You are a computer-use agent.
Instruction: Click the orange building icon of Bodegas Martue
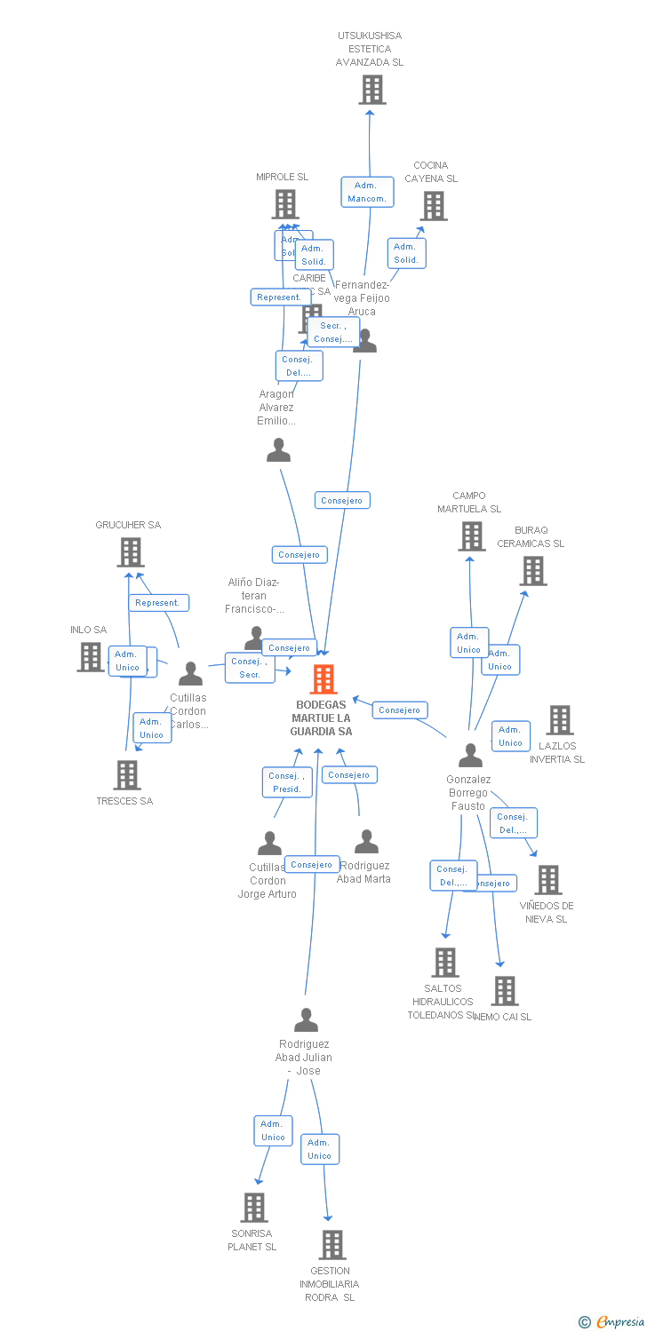coord(323,679)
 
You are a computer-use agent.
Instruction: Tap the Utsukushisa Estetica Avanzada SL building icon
coord(371,90)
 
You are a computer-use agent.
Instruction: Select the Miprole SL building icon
coord(284,204)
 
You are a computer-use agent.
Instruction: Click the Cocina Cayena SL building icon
coord(434,206)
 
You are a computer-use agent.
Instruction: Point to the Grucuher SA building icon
coord(131,552)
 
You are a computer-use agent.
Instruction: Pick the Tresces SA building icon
coord(127,775)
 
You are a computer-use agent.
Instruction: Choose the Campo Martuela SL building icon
coord(471,536)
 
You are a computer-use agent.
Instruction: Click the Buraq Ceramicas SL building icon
coord(532,571)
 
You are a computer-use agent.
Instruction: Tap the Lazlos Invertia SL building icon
coord(559,720)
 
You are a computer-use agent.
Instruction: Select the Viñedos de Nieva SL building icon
coord(548,880)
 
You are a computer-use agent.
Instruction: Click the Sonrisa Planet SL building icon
coord(254,1208)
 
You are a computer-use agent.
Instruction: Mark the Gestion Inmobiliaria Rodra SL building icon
coord(332,1245)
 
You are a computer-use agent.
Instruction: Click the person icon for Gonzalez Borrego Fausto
coord(470,755)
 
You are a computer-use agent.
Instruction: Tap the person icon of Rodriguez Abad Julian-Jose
coord(306,1020)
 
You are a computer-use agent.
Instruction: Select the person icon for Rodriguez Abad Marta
coord(366,841)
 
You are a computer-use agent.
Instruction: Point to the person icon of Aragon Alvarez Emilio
coord(278,450)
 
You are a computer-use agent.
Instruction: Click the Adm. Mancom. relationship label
coord(366,192)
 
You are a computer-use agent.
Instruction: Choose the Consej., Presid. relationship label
coord(286,782)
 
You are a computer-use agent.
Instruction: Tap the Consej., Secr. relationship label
coord(250,668)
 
